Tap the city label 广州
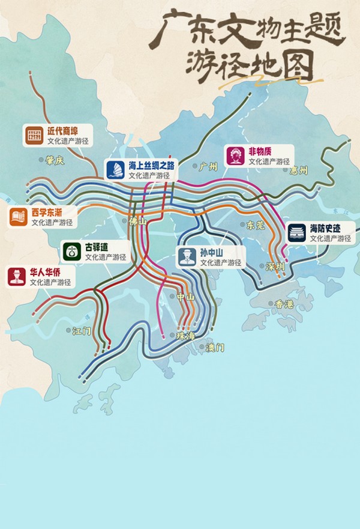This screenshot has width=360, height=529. click(x=207, y=167)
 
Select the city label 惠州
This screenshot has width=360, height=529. click(x=298, y=171)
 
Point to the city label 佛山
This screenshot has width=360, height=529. click(x=137, y=221)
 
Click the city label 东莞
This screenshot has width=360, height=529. click(x=256, y=225)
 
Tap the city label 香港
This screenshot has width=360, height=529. click(x=285, y=304)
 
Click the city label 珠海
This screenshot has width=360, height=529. click(x=185, y=336)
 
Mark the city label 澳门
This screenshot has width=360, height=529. click(x=215, y=348)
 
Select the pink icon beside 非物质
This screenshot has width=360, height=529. click(x=235, y=157)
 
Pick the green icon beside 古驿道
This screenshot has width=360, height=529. click(x=72, y=252)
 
